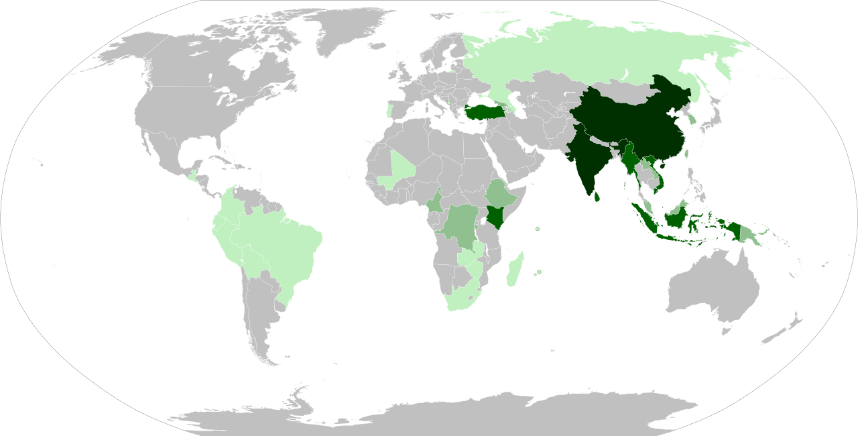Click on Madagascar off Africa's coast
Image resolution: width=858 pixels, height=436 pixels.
(x=515, y=268)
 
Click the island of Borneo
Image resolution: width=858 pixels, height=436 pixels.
(x=677, y=216)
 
